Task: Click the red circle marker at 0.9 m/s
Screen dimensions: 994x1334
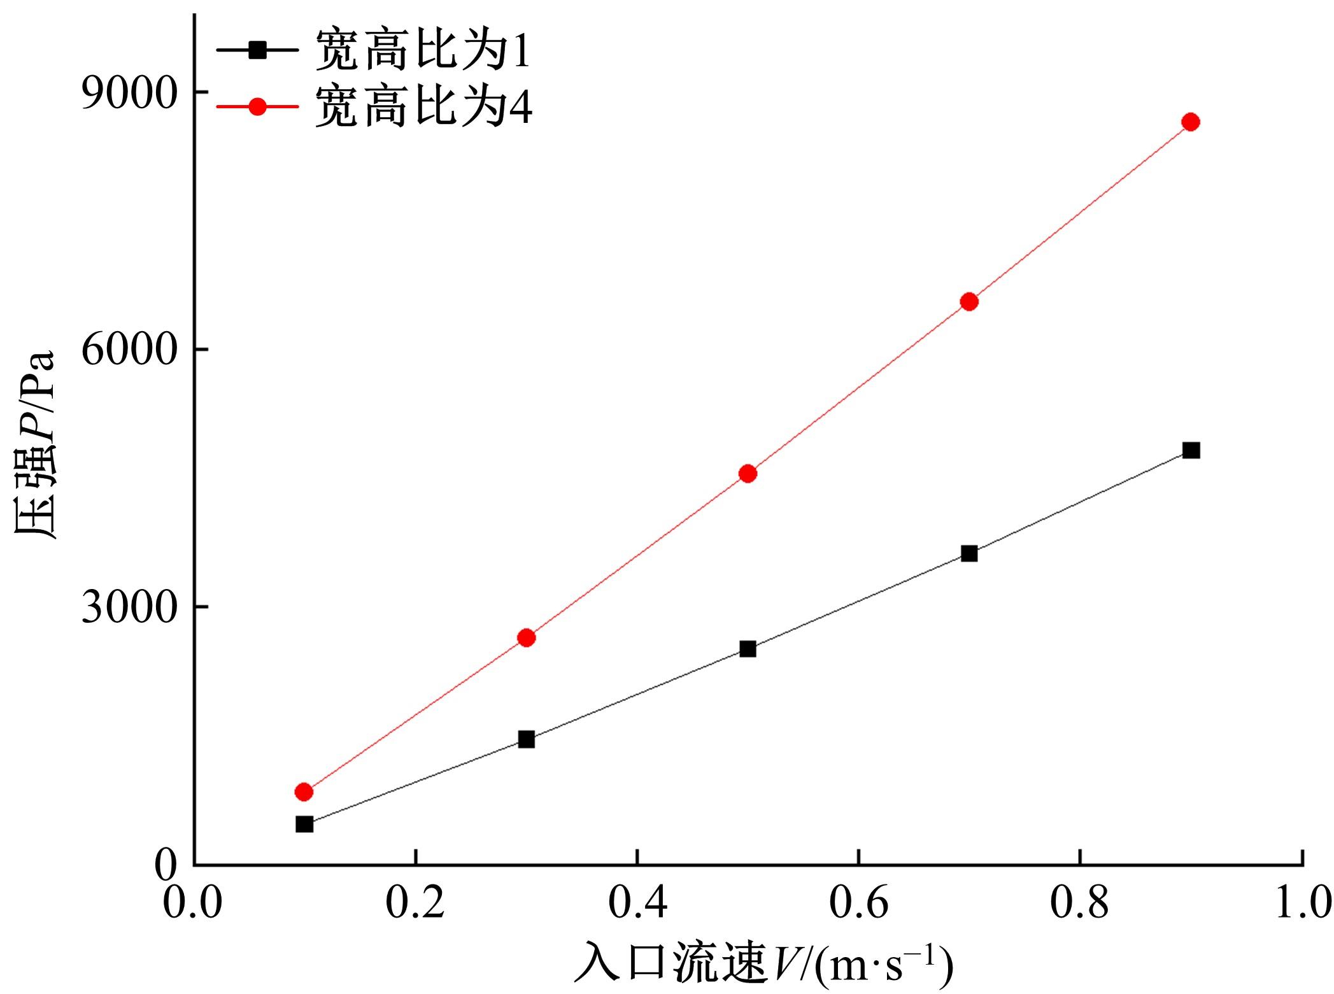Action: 1190,122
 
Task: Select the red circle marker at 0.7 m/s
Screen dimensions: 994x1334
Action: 969,301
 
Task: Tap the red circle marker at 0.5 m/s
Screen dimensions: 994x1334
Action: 748,473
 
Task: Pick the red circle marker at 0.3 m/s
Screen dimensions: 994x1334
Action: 526,637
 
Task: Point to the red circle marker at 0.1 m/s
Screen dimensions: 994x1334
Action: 304,792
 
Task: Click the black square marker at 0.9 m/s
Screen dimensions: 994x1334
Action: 1190,450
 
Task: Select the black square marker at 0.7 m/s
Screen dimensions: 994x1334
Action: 969,553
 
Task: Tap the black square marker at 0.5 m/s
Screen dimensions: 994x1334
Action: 748,649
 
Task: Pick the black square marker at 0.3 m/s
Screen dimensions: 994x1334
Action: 526,739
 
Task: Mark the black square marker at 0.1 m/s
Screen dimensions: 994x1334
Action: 304,824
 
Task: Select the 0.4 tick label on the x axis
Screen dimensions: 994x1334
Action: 637,904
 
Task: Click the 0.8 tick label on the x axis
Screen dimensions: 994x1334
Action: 1080,904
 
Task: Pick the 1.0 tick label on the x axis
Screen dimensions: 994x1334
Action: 1302,904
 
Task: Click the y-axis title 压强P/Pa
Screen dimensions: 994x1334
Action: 35,446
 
